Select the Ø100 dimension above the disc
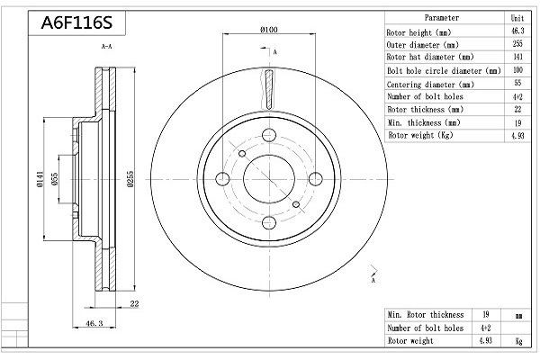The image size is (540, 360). coord(267,31)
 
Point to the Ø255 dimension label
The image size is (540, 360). coord(131,180)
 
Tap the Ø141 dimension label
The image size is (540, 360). coord(40,180)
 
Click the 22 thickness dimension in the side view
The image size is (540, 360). coord(133,304)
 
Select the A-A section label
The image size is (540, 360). coord(106,45)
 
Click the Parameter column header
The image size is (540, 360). coord(441,17)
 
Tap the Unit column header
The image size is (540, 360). coord(517,17)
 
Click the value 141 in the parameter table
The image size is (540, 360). coord(517,57)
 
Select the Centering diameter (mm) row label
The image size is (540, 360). coord(430,83)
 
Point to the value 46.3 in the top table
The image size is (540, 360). coord(517,31)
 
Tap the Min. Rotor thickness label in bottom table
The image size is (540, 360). coord(426,315)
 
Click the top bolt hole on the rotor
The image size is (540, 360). coord(267,136)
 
